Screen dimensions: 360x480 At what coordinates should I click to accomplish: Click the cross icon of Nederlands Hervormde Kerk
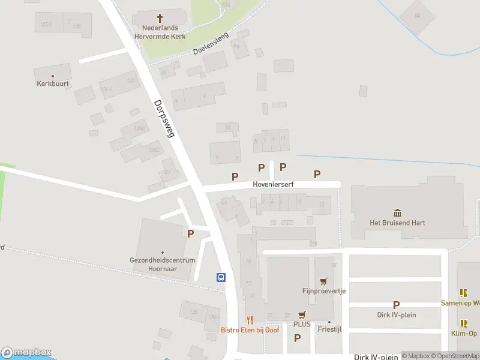pos(160,19)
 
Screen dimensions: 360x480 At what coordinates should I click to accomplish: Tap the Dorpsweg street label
pos(163,119)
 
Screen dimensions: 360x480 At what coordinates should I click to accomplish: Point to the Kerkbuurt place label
pos(53,84)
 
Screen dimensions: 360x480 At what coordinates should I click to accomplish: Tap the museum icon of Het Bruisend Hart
pos(397,213)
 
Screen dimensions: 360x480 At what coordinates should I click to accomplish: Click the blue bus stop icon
pos(221,277)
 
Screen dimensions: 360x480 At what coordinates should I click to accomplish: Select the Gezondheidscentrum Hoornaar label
pos(163,265)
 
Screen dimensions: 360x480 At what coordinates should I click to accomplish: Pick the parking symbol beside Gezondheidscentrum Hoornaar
pos(191,234)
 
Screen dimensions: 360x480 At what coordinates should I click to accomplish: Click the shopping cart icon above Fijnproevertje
pos(324,281)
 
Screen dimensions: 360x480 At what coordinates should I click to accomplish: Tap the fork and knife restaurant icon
pos(250,320)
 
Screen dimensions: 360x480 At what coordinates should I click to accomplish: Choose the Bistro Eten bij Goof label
pos(250,330)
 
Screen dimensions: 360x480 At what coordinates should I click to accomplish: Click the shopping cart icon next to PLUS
pos(302,314)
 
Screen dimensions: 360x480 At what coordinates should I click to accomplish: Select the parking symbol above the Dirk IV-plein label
pos(396,305)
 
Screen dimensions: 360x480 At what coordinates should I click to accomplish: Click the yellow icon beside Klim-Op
pos(464,323)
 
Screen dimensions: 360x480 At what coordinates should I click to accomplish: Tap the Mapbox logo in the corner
pos(26,353)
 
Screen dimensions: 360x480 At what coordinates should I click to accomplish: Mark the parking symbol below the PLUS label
pos(297,338)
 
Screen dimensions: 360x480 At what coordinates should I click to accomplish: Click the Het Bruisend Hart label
pos(397,223)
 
